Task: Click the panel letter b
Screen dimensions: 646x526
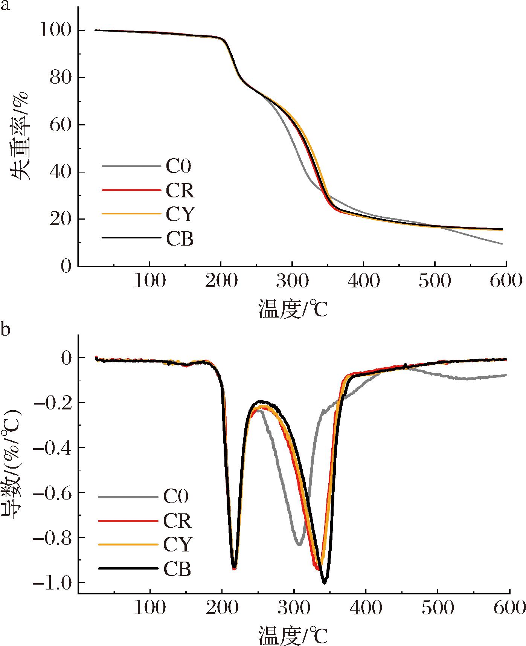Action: pos(5,330)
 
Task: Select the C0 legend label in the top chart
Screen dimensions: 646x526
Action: pos(178,166)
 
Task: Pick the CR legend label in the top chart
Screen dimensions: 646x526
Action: pos(180,191)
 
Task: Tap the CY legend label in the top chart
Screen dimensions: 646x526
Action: pos(180,214)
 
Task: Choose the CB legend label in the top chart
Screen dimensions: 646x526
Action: pos(180,238)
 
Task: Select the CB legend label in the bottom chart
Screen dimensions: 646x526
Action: pos(177,570)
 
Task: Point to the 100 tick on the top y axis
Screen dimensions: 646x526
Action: pos(55,30)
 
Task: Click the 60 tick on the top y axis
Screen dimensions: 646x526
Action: pos(60,125)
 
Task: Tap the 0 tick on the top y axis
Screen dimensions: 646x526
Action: pos(66,266)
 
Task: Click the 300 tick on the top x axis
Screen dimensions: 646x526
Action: pos(292,281)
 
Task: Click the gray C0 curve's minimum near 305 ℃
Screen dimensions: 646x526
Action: pos(299,545)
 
